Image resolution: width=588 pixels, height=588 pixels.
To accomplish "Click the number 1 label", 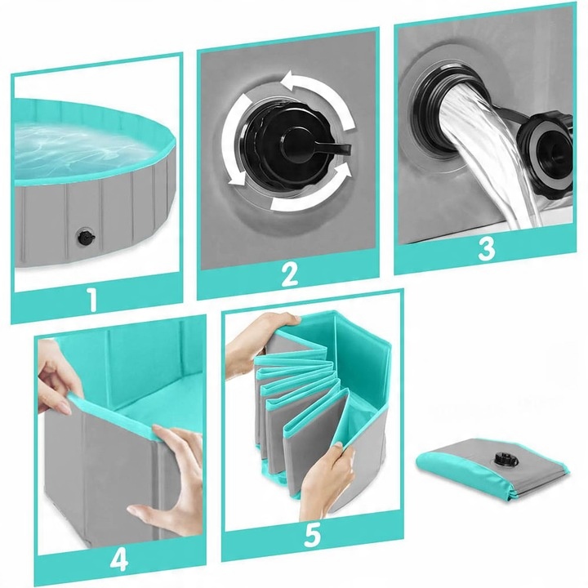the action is pyautogui.click(x=92, y=299).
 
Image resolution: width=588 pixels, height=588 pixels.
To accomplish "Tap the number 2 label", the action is pyautogui.click(x=289, y=274).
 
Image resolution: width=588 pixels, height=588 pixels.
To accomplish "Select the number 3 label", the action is pyautogui.click(x=487, y=248).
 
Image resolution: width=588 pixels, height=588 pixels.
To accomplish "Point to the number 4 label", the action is pyautogui.click(x=119, y=560).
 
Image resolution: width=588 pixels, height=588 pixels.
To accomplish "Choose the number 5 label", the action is pyautogui.click(x=312, y=535).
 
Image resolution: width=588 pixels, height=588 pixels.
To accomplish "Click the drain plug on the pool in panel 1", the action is pyautogui.click(x=86, y=237).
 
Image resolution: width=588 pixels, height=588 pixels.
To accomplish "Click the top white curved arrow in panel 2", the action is pyautogui.click(x=318, y=93).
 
